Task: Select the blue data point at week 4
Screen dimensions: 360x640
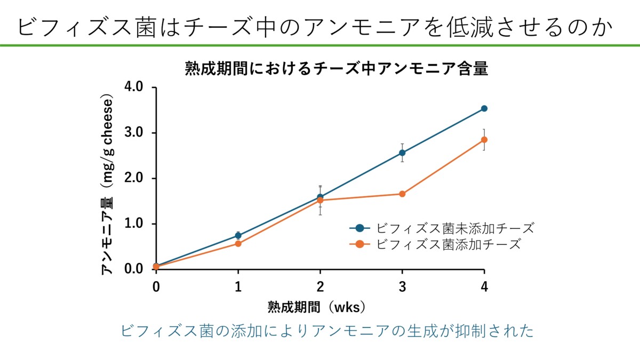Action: tap(484, 108)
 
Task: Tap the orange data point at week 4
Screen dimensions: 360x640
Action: tap(484, 140)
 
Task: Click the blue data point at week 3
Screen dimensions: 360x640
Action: tap(402, 153)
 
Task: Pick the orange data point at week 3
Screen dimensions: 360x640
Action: tap(402, 194)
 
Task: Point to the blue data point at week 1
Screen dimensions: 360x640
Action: tap(238, 235)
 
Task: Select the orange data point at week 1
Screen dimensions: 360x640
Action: tap(238, 244)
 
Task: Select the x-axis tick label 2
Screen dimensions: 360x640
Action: tap(320, 286)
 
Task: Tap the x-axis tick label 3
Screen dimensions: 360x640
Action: tap(402, 286)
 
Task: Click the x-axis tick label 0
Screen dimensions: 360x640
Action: tap(156, 286)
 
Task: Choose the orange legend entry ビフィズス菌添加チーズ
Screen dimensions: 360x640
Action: tap(448, 244)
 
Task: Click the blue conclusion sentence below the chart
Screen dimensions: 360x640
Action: tap(327, 331)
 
